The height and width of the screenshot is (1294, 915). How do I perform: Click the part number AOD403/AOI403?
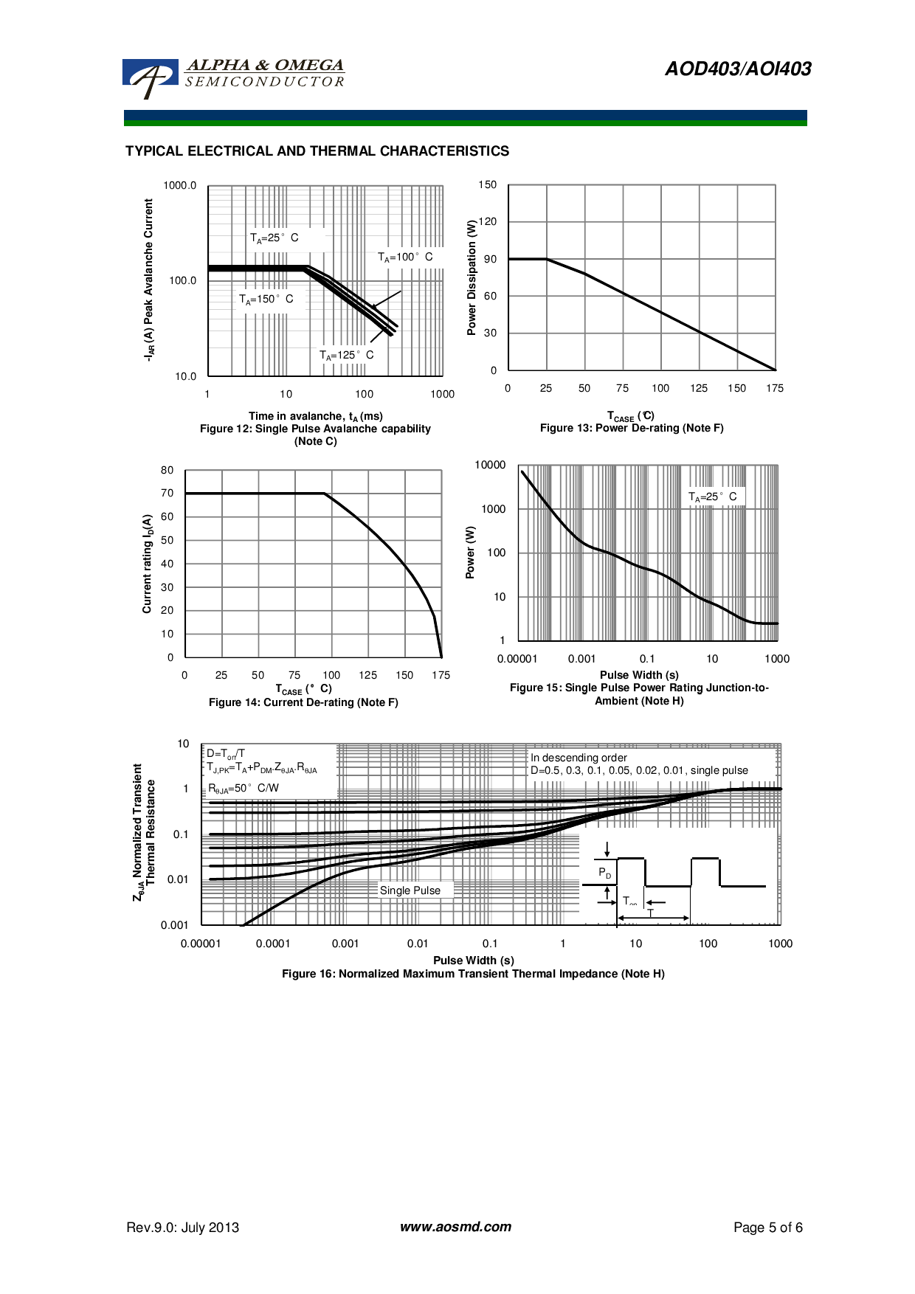click(738, 69)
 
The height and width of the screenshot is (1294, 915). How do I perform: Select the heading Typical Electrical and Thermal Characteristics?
click(317, 151)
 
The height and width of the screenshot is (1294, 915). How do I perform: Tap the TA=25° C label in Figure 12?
click(274, 238)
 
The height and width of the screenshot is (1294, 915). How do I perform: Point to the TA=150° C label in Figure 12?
click(266, 300)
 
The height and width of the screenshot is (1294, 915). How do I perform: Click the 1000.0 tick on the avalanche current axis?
click(180, 186)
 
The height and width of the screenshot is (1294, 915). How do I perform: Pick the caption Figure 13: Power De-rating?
click(632, 429)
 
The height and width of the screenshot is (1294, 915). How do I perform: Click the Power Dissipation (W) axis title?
click(472, 277)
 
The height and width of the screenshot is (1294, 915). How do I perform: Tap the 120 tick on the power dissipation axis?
click(488, 222)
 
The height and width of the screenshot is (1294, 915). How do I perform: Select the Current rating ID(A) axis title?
click(148, 564)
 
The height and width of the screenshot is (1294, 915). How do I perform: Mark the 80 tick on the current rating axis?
click(168, 471)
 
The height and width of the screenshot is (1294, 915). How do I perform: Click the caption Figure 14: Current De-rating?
click(303, 703)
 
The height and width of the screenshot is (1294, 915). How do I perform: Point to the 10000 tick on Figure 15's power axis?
click(491, 466)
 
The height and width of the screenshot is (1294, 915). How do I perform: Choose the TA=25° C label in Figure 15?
click(712, 497)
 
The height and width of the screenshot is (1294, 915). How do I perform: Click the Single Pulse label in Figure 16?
click(410, 891)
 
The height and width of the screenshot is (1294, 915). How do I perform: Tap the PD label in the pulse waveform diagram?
click(605, 873)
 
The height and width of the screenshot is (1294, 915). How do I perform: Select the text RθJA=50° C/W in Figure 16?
click(244, 789)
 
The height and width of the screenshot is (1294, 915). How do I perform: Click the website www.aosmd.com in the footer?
click(455, 1227)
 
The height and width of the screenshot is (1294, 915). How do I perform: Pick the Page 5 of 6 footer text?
click(767, 1228)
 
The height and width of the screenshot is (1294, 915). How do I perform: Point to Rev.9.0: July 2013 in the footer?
click(183, 1228)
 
